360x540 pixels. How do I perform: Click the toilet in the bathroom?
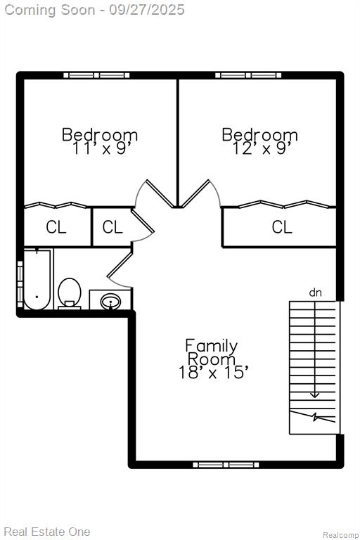click(x=70, y=293)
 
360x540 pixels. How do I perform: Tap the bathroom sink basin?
click(x=110, y=302)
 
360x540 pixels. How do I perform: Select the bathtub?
click(x=37, y=280)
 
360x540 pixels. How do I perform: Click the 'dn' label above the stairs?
click(x=315, y=292)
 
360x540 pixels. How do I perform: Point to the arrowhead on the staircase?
click(x=314, y=394)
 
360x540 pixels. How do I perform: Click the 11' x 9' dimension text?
click(x=103, y=148)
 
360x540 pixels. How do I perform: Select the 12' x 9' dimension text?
click(x=262, y=148)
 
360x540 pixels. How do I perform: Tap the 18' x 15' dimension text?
click(x=213, y=372)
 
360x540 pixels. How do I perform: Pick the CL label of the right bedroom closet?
click(x=282, y=227)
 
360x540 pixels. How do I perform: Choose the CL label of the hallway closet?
click(x=112, y=227)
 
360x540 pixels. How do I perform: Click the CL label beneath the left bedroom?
click(x=56, y=227)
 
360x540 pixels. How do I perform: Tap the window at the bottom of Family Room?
click(x=226, y=465)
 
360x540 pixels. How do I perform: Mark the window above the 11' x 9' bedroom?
click(x=96, y=75)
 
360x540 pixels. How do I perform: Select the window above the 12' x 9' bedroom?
click(x=248, y=75)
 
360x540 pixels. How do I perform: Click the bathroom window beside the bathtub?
click(x=20, y=285)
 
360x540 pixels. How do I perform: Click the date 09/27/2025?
click(x=147, y=10)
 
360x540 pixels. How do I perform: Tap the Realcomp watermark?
click(x=340, y=535)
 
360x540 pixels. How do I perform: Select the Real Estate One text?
click(x=47, y=532)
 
